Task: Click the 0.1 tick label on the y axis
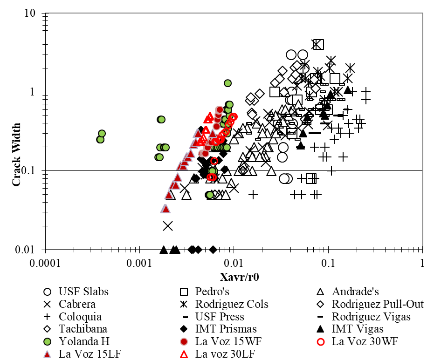pyautogui.click(x=29, y=171)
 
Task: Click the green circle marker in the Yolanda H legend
pyautogui.click(x=47, y=341)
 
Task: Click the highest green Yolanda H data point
pyautogui.click(x=227, y=83)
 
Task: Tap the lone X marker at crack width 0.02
pyautogui.click(x=168, y=226)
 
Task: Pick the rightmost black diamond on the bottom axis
pyautogui.click(x=213, y=250)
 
